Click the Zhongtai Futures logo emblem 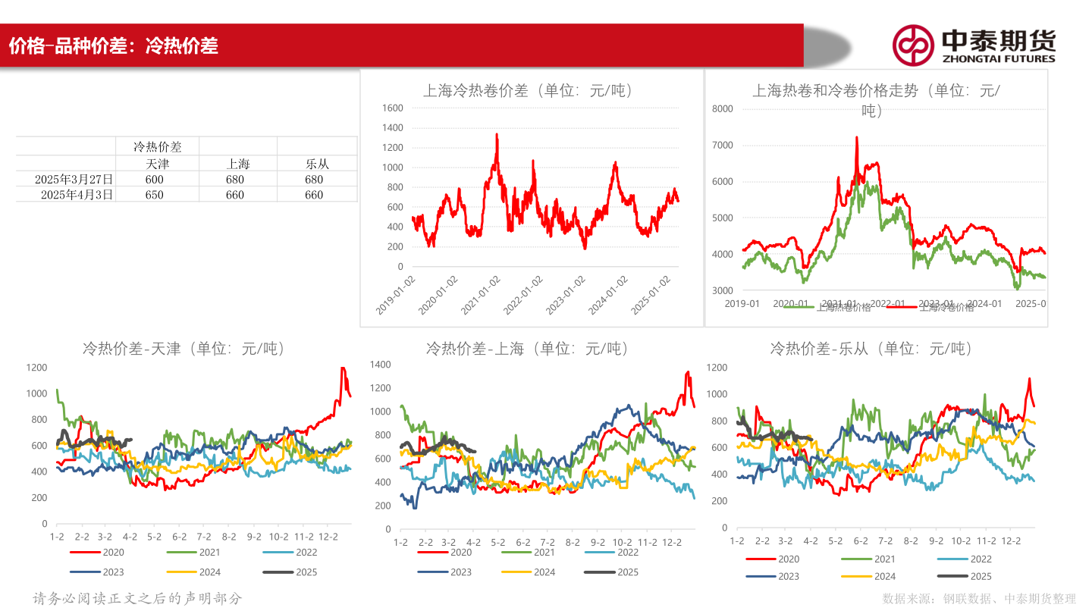click(912, 45)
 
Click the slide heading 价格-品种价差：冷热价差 click(114, 46)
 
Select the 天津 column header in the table click(157, 164)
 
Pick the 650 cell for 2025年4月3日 click(155, 195)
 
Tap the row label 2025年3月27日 click(74, 180)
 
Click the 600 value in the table click(155, 180)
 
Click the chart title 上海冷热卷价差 click(528, 91)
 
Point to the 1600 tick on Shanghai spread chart click(393, 108)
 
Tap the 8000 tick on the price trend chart click(723, 109)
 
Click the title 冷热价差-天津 click(184, 349)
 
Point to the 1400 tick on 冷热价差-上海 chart click(380, 365)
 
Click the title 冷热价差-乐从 click(871, 349)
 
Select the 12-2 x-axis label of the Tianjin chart click(327, 537)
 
